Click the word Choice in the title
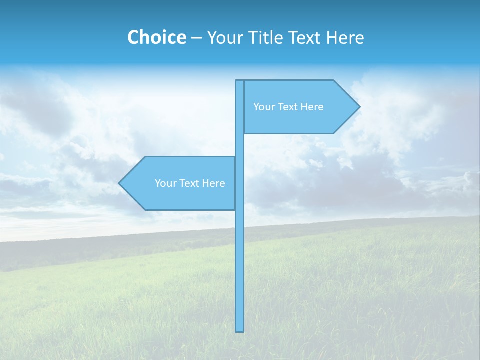[156, 37]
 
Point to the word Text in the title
[305, 37]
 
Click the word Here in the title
[345, 37]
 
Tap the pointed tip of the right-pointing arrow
[359, 106]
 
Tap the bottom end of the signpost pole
[239, 330]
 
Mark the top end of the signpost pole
[239, 81]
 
